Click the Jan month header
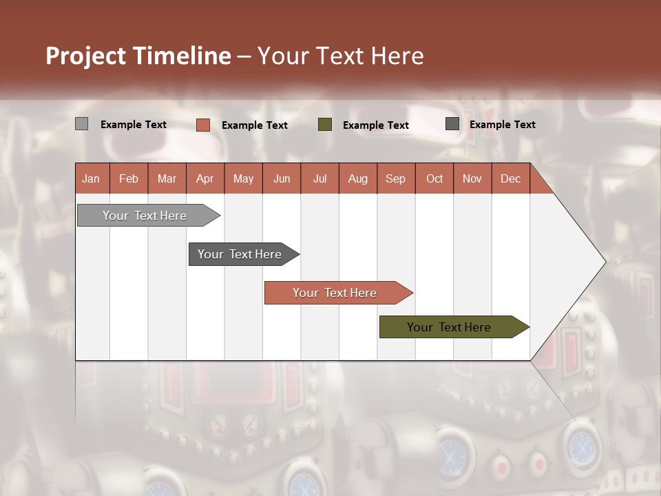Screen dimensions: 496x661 click(x=92, y=178)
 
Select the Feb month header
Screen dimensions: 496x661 click(x=129, y=178)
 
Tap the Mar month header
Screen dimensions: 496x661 click(x=167, y=178)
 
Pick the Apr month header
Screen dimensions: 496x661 click(x=205, y=178)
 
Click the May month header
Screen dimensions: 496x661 click(x=243, y=178)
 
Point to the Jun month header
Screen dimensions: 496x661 click(x=282, y=178)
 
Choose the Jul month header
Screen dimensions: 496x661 click(x=319, y=178)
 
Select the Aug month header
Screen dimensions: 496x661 click(x=358, y=178)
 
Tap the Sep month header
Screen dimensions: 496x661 click(x=396, y=178)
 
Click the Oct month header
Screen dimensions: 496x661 click(x=434, y=178)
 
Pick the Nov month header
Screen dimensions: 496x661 click(x=472, y=178)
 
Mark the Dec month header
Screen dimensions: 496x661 click(x=511, y=178)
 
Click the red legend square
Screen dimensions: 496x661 click(x=203, y=125)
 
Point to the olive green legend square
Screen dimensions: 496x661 click(x=325, y=125)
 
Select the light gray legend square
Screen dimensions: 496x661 click(x=82, y=124)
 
